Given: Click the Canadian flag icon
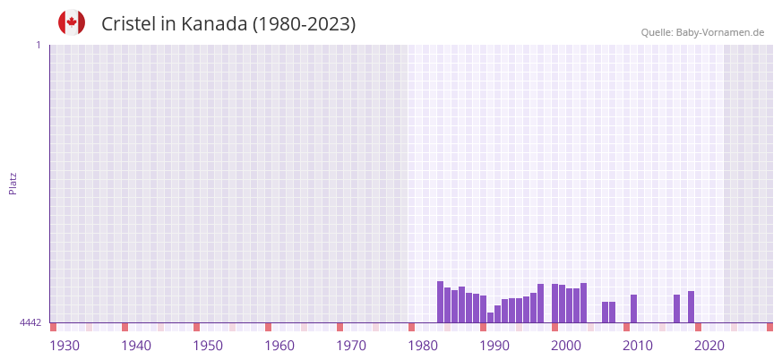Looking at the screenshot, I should tap(72, 22).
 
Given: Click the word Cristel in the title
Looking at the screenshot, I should tap(128, 24).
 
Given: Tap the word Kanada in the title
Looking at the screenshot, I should tap(213, 24).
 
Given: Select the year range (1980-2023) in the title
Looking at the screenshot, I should tap(304, 24).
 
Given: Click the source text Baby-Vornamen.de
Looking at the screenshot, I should tap(720, 32).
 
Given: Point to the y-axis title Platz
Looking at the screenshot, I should tap(13, 183).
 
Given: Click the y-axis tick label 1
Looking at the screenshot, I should tap(38, 45).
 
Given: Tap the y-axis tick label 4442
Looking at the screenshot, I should tap(30, 322).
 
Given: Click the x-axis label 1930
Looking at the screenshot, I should tap(64, 346).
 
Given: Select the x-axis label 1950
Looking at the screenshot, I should tap(208, 346).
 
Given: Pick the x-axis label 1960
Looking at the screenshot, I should tap(279, 346).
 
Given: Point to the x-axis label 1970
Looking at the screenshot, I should tap(351, 346).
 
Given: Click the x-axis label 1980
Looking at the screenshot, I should tap(423, 346).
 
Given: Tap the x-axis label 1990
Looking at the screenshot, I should tap(494, 346).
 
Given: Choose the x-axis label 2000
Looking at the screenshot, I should tap(566, 346).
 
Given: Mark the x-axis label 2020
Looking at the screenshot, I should tap(709, 346).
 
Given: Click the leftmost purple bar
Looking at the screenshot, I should tap(440, 302).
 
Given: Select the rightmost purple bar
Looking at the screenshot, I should tap(691, 307).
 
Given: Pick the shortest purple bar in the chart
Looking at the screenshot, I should tap(490, 317).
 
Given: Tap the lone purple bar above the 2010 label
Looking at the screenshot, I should tap(633, 309).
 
